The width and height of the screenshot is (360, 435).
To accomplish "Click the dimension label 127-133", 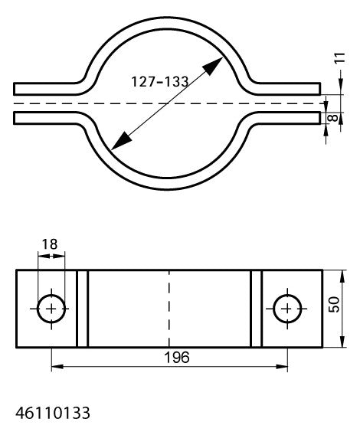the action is [x=159, y=82].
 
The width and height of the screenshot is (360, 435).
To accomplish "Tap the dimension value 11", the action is [x=340, y=58].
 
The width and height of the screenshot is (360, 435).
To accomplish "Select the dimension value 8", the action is [x=333, y=118].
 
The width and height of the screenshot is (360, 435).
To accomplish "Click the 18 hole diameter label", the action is [x=50, y=244].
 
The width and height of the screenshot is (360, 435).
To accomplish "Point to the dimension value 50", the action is [x=334, y=305].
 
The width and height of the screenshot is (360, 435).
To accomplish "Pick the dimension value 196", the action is [x=177, y=358].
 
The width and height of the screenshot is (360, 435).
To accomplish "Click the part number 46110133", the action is [x=53, y=413].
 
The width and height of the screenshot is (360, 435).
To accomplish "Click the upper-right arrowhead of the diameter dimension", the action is [x=213, y=66].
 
